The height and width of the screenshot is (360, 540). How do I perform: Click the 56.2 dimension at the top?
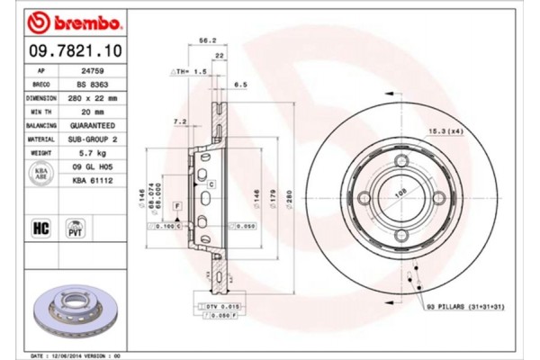tap(205, 40)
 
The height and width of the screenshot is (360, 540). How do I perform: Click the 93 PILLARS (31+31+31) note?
tap(469, 307)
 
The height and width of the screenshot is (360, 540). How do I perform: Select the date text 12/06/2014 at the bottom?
tap(82, 356)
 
